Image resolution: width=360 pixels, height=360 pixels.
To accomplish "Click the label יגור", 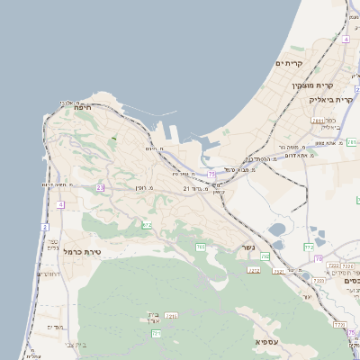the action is (x=306, y=295).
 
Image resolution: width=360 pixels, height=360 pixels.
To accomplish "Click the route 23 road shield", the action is (x=101, y=187).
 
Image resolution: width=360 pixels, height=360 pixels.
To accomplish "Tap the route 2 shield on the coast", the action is (x=45, y=226).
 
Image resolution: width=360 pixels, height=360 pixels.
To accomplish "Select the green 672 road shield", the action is (x=147, y=224).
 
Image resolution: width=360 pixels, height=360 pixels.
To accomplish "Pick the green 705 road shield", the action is (x=201, y=247).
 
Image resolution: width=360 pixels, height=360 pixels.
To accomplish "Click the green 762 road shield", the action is (x=309, y=246).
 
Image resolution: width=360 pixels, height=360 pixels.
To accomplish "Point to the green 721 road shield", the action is (x=156, y=333).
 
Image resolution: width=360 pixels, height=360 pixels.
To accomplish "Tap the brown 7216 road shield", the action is (x=171, y=316).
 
